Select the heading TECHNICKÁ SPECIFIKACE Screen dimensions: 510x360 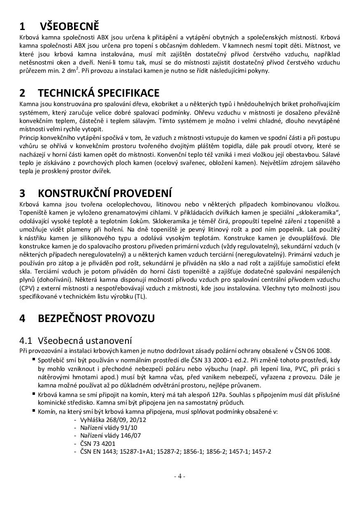pyautogui.click(x=98, y=93)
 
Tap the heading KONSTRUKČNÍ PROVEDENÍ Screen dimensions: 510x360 pyautogui.click(x=105, y=193)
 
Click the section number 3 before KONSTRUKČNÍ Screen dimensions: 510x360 pyautogui.click(x=22, y=193)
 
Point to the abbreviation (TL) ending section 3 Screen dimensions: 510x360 pyautogui.click(x=140, y=296)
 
